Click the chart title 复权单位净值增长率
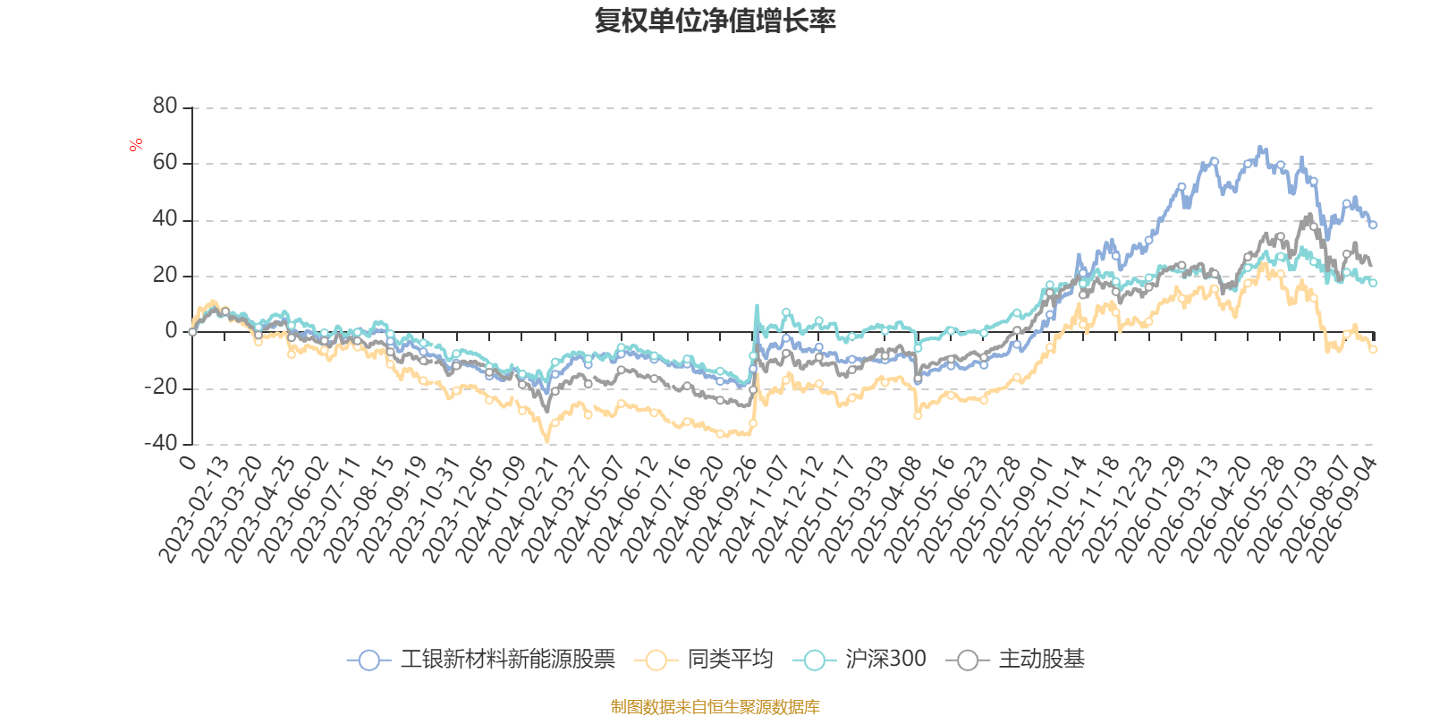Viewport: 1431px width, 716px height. [715, 21]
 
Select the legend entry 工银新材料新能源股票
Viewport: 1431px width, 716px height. [481, 659]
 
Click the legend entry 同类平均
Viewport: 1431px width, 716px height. [703, 659]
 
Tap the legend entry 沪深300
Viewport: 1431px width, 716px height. [859, 659]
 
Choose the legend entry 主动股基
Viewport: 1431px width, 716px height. [1015, 659]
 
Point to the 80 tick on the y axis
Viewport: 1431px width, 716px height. [165, 107]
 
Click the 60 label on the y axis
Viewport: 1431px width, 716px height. [165, 162]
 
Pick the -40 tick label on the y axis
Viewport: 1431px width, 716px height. [160, 443]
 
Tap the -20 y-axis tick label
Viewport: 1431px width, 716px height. [160, 387]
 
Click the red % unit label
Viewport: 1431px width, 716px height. [135, 145]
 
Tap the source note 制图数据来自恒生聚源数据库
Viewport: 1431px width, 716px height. [715, 706]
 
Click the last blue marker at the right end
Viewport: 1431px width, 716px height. [1373, 225]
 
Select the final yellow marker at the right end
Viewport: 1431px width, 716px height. [1373, 350]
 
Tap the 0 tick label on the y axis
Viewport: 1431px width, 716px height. [171, 330]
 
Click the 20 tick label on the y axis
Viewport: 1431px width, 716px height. [165, 275]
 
